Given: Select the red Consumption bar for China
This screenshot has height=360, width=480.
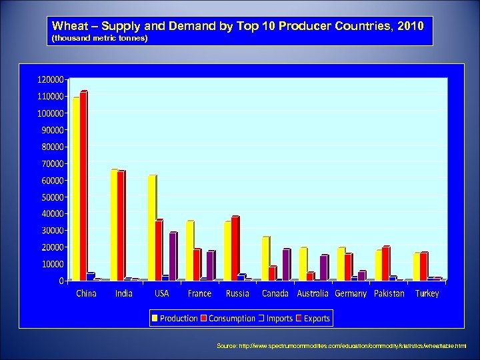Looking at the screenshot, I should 83,186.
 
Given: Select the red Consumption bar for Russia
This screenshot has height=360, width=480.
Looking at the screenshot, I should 235,249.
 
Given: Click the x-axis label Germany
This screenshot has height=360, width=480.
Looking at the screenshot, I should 351,294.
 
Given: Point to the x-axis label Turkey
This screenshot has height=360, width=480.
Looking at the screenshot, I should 427,294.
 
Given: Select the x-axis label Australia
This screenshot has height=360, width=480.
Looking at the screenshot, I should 313,294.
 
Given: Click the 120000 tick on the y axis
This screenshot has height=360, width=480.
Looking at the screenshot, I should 51,79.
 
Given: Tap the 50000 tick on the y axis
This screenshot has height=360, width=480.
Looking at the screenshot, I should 53,197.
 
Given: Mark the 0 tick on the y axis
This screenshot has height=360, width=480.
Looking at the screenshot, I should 61,281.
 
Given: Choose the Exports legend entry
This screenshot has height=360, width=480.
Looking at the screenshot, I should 316,319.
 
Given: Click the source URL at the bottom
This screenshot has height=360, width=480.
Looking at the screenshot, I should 341,346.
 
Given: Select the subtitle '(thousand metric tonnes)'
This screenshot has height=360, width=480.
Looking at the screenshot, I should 100,39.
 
